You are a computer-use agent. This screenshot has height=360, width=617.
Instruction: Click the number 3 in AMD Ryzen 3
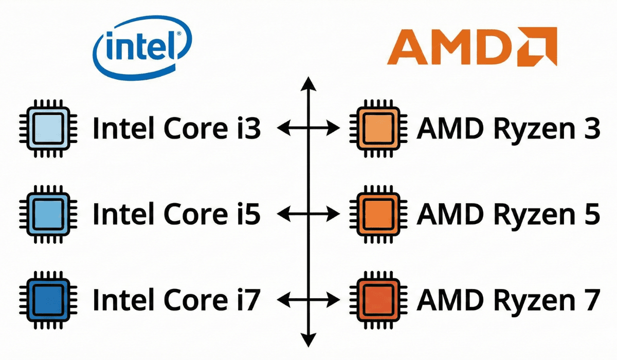(x=590, y=128)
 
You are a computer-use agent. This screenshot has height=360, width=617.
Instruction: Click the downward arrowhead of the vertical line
(x=307, y=340)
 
